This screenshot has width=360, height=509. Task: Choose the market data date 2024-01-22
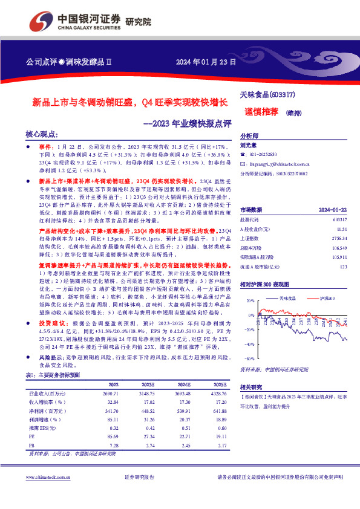pos(334,192)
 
